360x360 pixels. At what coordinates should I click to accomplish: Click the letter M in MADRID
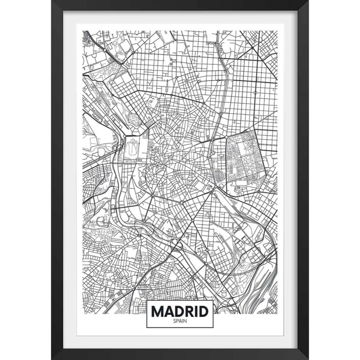157,311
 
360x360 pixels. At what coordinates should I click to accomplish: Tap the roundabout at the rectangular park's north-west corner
227,138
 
